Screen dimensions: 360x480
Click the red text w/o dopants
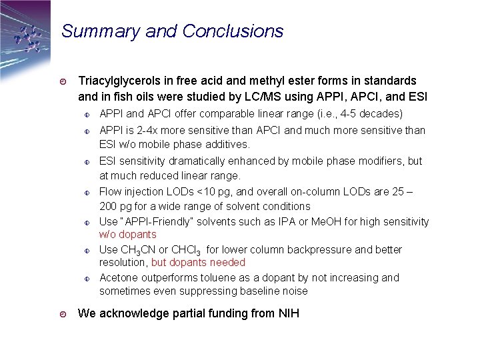coord(127,235)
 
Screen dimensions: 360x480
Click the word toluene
coord(209,277)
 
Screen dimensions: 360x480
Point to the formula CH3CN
coord(139,250)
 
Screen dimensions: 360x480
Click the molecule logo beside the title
coord(28,38)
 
